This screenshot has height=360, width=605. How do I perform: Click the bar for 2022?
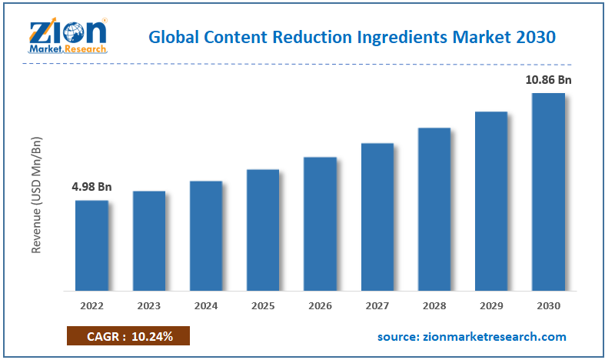point(91,245)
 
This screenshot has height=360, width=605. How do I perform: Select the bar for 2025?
point(263,230)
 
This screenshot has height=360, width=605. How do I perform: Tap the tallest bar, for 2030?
point(548,192)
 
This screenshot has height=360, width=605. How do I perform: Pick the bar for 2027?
point(377,217)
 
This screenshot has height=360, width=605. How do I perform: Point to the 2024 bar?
point(206,236)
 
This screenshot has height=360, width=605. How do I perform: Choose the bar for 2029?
point(491,202)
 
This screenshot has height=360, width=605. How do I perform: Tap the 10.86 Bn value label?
point(548,79)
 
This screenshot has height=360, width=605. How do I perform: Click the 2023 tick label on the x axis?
point(149,305)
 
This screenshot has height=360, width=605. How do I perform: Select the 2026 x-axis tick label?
point(320,305)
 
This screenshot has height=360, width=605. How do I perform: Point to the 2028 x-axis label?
point(434,305)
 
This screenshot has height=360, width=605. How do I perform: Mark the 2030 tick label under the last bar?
point(548,305)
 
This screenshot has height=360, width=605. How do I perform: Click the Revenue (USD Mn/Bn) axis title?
point(36,195)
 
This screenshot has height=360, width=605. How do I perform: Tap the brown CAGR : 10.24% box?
point(128,337)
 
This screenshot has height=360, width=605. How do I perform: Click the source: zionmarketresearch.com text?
point(471,337)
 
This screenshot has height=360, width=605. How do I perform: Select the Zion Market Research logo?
point(68,34)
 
